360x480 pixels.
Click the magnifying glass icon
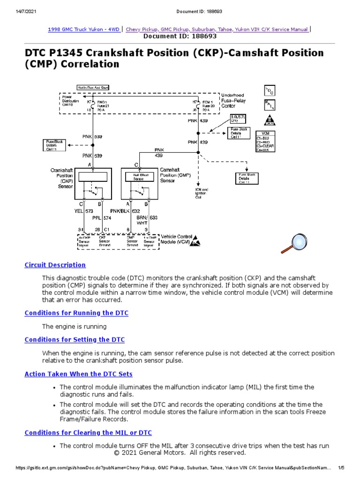click(293, 242)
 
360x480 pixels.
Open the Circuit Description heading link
click(55, 265)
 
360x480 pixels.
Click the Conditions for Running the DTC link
click(76, 313)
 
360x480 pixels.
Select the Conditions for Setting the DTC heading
click(75, 339)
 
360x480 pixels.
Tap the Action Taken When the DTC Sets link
click(78, 374)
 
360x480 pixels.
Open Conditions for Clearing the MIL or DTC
click(88, 432)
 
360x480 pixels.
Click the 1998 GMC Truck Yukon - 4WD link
click(83, 29)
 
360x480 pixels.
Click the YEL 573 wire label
click(85, 211)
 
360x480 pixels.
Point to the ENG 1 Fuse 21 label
click(103, 105)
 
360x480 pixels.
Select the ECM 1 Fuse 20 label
click(208, 105)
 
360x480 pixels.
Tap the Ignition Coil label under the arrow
click(201, 194)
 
